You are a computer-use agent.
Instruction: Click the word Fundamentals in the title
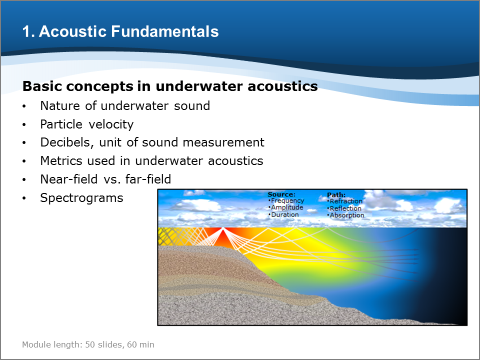164,31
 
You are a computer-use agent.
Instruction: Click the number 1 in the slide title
26,32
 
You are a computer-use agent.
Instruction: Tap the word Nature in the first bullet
60,106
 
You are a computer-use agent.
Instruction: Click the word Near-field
69,179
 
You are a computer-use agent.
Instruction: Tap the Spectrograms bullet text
81,198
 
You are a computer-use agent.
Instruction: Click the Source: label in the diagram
281,194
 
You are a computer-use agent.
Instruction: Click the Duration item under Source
284,214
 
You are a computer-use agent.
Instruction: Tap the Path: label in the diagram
336,195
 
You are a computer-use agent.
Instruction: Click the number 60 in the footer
131,344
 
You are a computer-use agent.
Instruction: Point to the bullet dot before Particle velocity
24,125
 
